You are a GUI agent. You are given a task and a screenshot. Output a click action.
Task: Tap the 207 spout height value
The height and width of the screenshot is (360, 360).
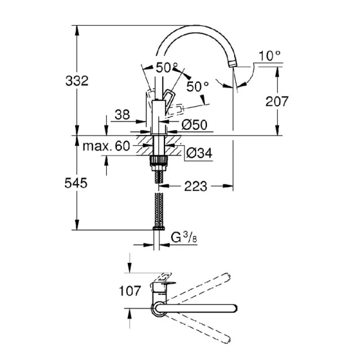coord(277,102)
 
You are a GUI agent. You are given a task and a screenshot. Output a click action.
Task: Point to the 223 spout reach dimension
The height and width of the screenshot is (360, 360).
coord(196,187)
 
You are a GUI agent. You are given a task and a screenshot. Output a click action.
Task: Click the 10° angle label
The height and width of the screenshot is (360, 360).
coord(269,56)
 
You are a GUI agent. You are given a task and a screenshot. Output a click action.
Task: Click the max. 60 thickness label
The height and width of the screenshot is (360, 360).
coord(107,146)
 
